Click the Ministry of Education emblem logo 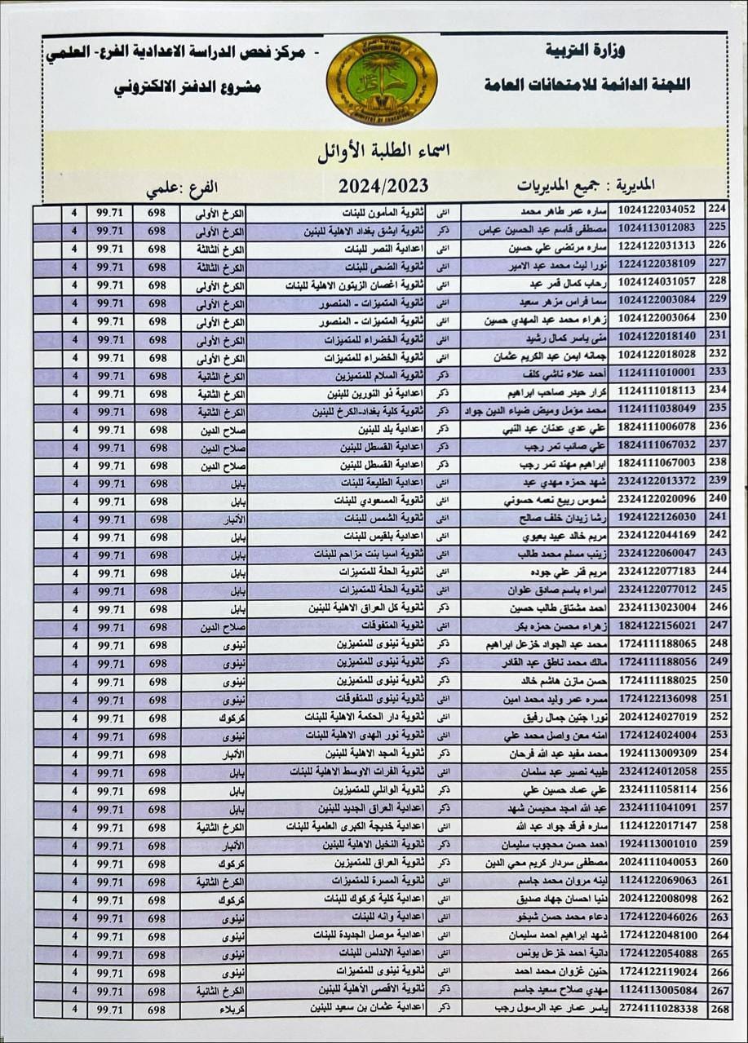[x=382, y=80]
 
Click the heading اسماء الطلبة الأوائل [x=383, y=152]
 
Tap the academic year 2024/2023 [x=383, y=187]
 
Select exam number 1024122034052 [x=657, y=210]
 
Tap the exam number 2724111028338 [x=657, y=1009]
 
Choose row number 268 [x=718, y=1009]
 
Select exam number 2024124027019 [x=657, y=717]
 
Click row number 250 [x=718, y=680]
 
